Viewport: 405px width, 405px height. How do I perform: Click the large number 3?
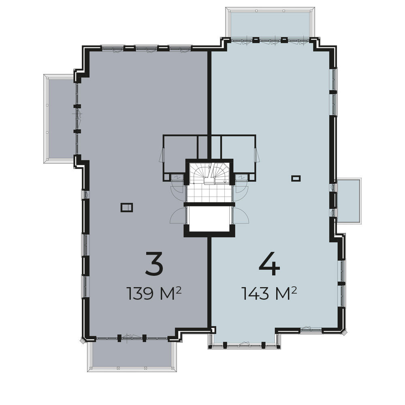(154, 264)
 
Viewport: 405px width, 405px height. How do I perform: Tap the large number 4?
(269, 264)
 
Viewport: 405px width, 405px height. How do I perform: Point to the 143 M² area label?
(269, 294)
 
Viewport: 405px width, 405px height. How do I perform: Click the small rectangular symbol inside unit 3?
(126, 207)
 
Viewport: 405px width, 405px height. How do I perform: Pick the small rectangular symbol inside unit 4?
(296, 178)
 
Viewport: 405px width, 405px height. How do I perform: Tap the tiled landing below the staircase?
(209, 194)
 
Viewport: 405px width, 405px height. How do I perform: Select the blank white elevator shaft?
(209, 218)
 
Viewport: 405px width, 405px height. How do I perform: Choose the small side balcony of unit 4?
(348, 201)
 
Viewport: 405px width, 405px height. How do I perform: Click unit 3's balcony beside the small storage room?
(60, 119)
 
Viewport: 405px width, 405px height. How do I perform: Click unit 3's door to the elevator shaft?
(178, 215)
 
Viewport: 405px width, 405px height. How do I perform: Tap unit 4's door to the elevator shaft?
(241, 215)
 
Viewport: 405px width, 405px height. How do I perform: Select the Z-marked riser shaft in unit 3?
(177, 177)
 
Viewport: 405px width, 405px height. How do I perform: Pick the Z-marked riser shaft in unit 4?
(242, 177)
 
